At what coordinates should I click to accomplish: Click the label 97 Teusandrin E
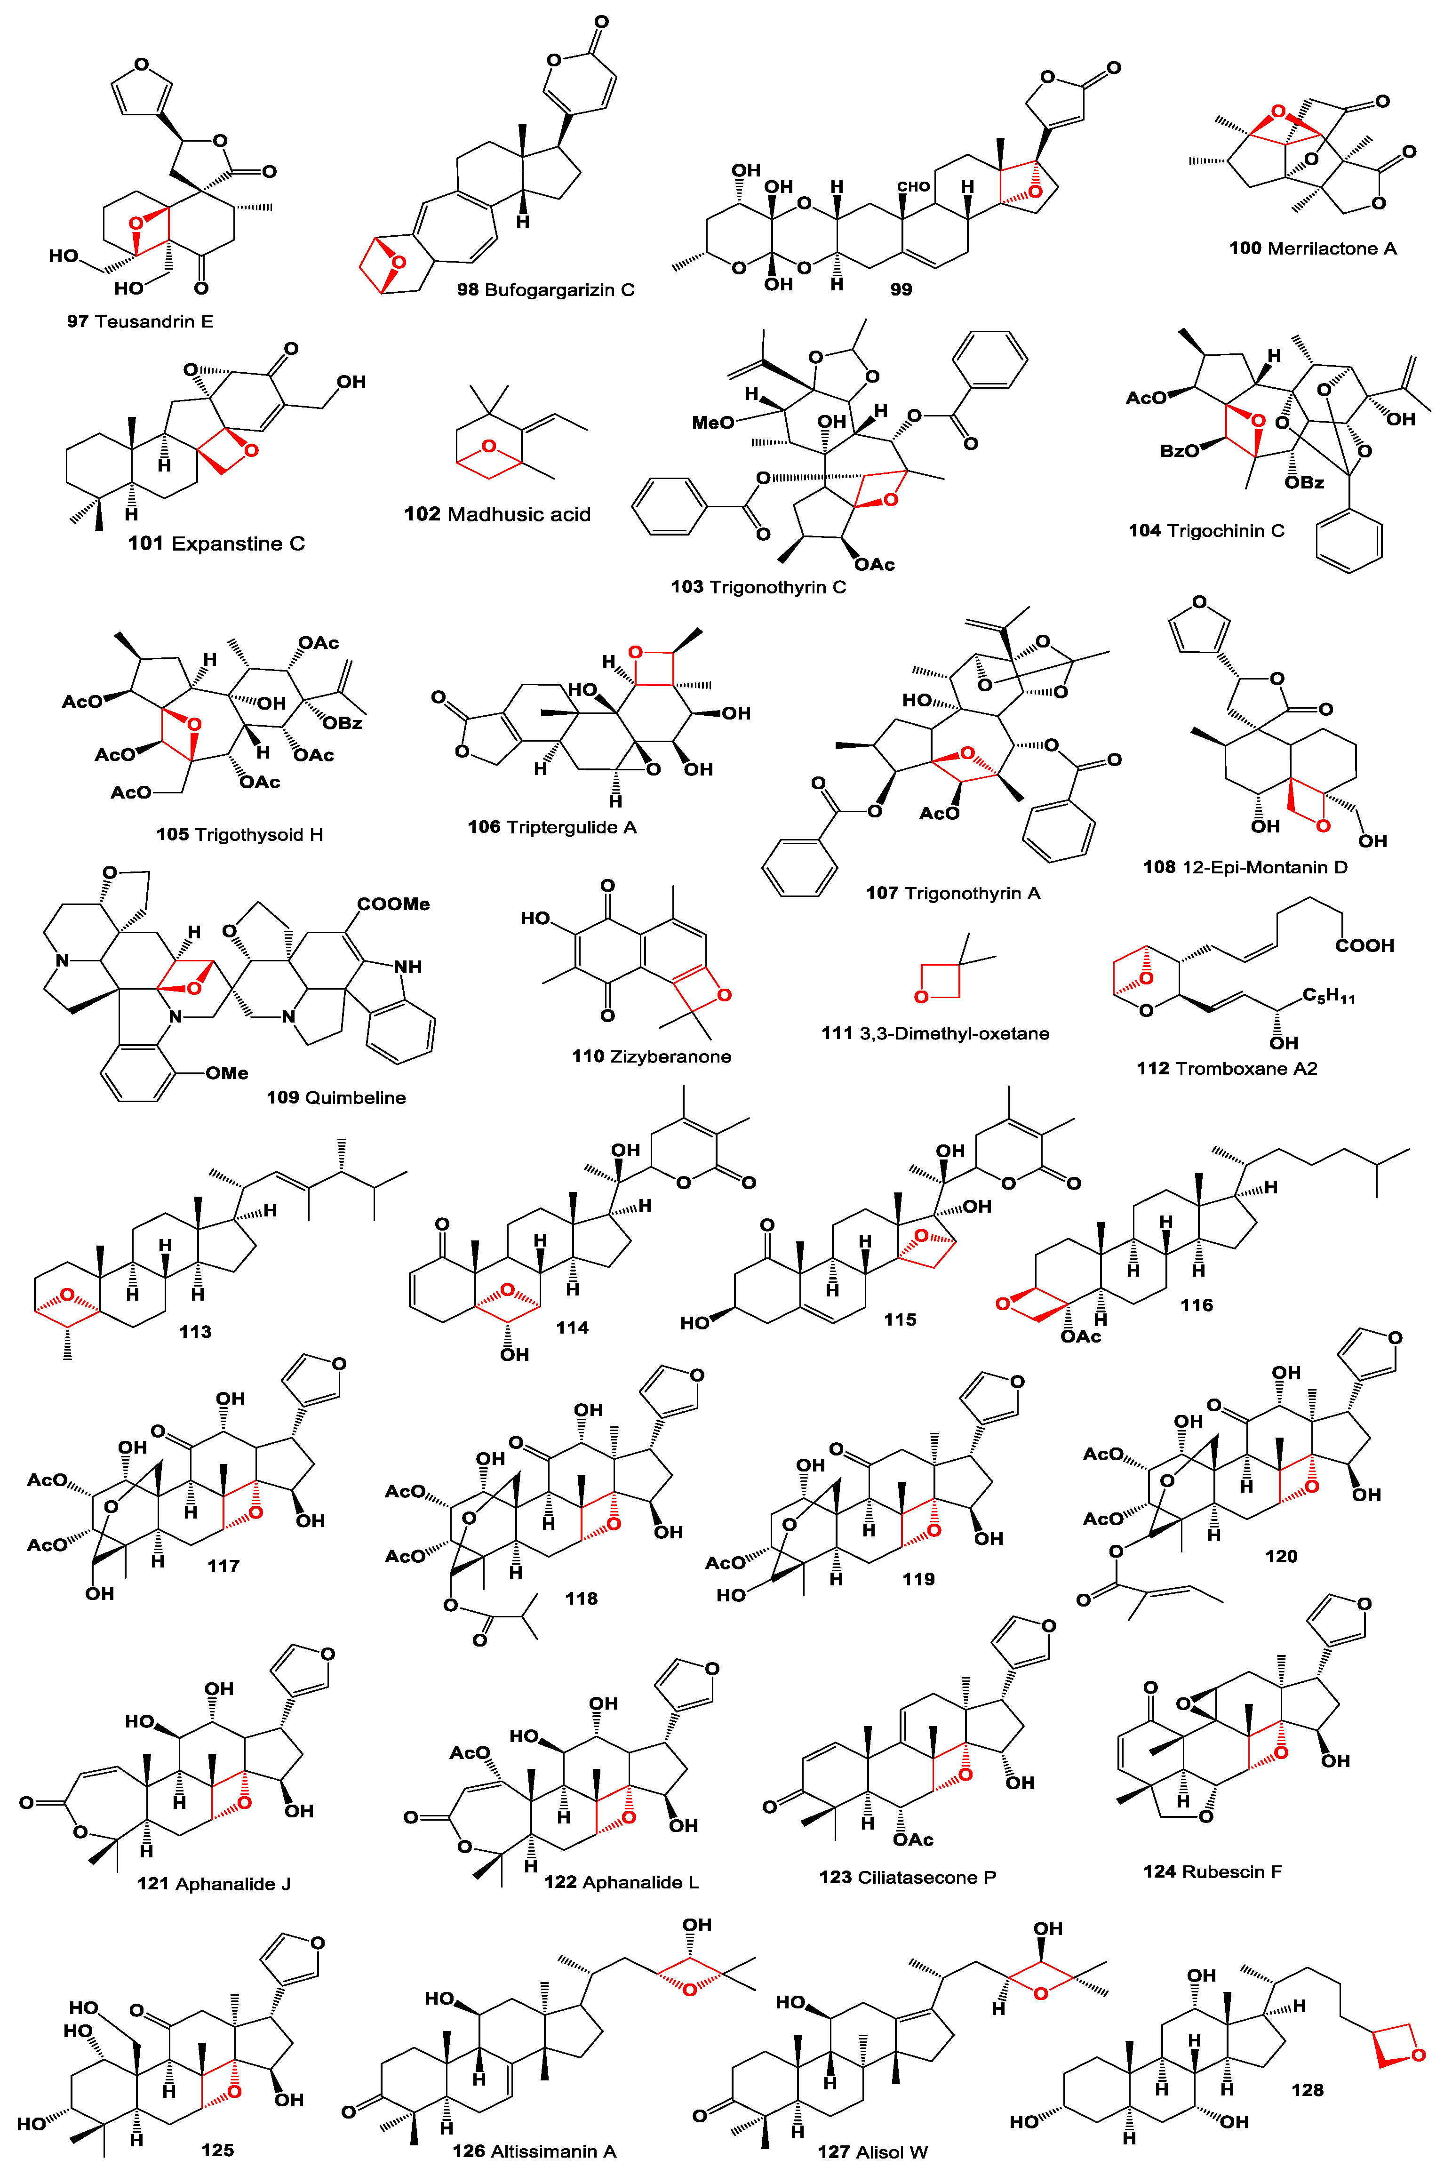coord(140,321)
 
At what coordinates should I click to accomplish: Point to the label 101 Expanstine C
coord(216,544)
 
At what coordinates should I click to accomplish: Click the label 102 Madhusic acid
coord(497,514)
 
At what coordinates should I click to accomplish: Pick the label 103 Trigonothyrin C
coord(758,587)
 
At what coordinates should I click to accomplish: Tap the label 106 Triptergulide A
coord(552,827)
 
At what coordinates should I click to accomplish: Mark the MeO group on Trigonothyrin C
coord(713,422)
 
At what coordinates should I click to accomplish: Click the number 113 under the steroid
coord(195,1331)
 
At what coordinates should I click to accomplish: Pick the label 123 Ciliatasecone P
coord(908,1877)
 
